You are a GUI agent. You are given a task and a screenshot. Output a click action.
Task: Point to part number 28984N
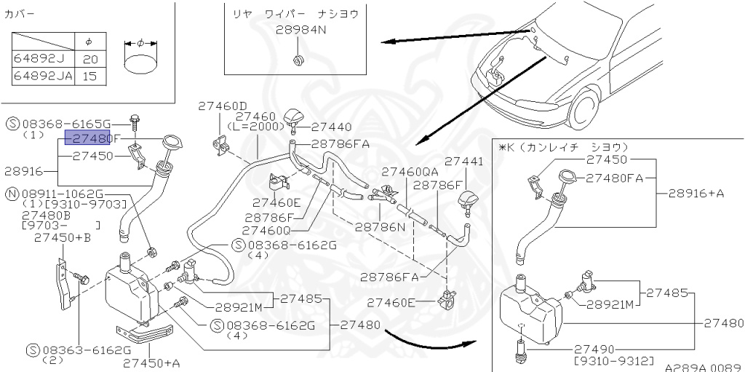coord(301,31)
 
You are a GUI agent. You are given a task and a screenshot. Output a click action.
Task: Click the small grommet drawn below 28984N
coord(298,58)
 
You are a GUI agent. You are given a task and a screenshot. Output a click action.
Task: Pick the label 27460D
coord(223,106)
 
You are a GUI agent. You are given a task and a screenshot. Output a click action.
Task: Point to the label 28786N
coord(380,226)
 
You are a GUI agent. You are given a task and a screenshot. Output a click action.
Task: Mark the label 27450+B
coord(62,237)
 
